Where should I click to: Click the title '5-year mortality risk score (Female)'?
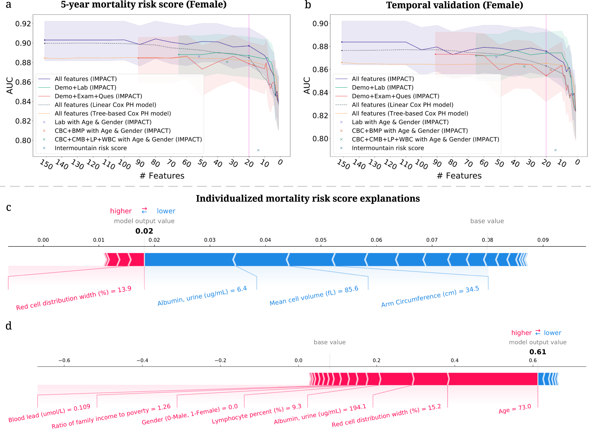coord(144,5)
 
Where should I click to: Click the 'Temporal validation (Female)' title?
coord(454,5)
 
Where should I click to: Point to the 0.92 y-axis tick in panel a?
coord(23,24)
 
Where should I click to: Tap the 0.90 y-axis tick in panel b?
coord(320,24)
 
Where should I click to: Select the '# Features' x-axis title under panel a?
coord(162,176)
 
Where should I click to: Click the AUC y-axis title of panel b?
coord(307,86)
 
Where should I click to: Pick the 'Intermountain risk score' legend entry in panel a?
coord(90,148)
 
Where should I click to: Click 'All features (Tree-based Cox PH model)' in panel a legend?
coord(113,113)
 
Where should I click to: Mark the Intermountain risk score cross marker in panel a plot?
coord(258,150)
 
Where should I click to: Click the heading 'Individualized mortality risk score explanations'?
coord(308,199)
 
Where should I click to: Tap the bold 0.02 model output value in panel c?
coord(144,231)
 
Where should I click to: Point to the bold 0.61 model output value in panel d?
coord(538,352)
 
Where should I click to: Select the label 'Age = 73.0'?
coord(515,409)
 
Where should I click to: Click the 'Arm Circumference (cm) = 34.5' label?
coord(430,297)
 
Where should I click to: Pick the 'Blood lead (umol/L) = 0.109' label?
coord(49,413)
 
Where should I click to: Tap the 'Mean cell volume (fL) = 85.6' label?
coord(314,296)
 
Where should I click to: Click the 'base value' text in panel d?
coord(329,342)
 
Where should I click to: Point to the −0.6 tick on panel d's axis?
coord(64,360)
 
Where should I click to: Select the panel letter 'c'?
coord(9,207)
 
